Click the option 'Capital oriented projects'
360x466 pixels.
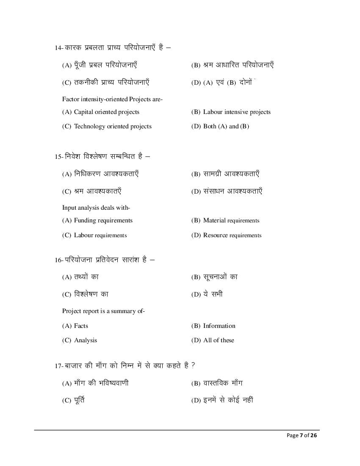click(x=106, y=112)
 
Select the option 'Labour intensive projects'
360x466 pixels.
click(x=236, y=112)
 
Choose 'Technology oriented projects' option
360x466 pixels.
click(x=112, y=126)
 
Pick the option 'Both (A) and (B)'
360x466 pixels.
click(x=226, y=126)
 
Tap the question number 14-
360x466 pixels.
click(x=59, y=48)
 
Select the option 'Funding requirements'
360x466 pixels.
click(x=103, y=220)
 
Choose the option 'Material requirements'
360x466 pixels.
click(x=231, y=220)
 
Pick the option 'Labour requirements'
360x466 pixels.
click(x=100, y=235)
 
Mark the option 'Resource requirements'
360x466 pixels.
click(x=232, y=235)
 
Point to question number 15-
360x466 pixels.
click(x=59, y=156)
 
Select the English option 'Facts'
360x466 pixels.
click(x=81, y=326)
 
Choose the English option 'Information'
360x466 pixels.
click(x=219, y=326)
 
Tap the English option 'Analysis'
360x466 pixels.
click(x=85, y=340)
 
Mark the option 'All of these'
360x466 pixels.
click(x=218, y=340)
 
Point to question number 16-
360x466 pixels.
click(x=59, y=260)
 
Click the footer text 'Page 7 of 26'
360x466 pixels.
click(x=302, y=435)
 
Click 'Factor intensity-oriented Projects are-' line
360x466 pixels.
click(x=113, y=99)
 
